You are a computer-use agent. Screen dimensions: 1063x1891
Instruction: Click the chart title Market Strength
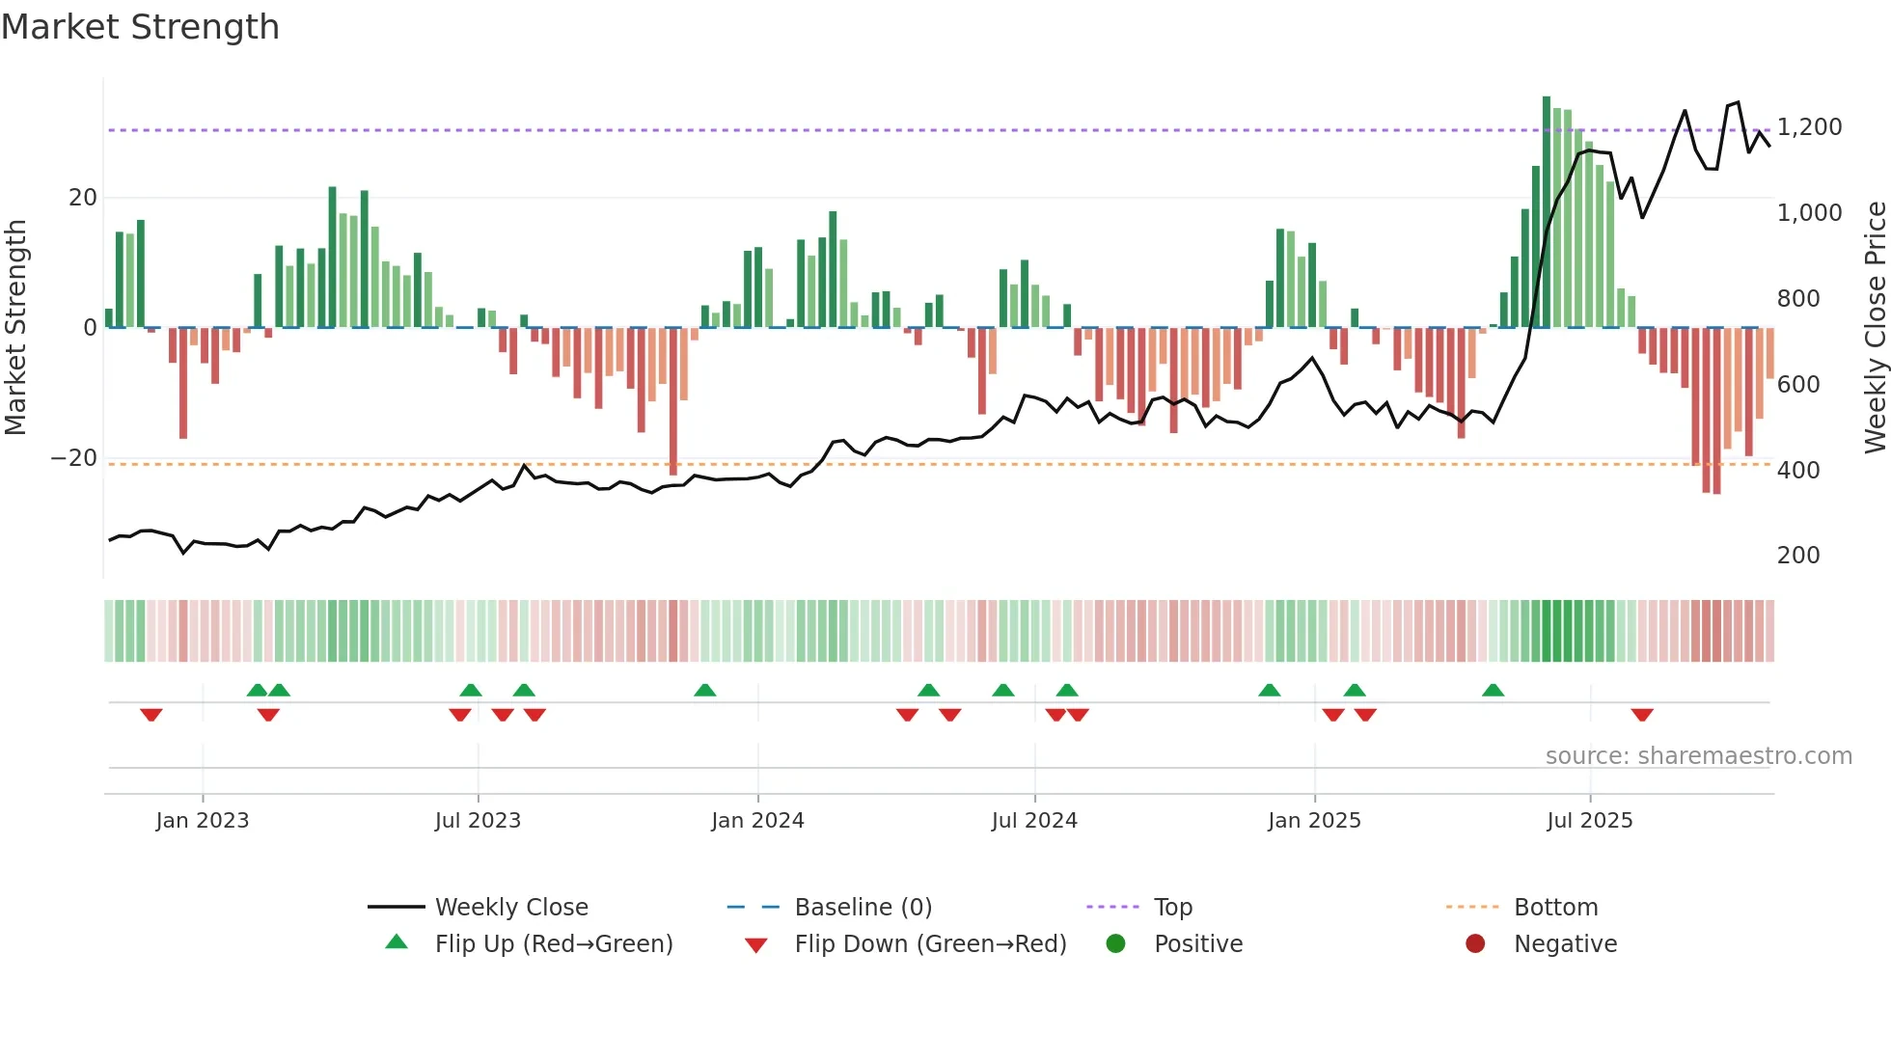pos(141,27)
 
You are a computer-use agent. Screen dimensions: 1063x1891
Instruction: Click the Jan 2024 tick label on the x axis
pos(757,821)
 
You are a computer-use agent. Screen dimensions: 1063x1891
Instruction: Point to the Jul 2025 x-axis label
pos(1589,821)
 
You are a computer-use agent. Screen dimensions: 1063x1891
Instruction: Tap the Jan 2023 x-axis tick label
pos(203,821)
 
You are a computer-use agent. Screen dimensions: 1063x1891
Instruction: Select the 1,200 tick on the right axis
pos(1809,127)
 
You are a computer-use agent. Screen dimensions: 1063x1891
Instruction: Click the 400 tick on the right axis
pos(1797,471)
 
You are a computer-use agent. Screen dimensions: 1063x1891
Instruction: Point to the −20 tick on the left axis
pos(74,458)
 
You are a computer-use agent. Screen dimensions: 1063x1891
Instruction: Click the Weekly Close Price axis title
pos(1875,328)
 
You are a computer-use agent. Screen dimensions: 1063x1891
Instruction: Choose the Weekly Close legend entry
pos(510,908)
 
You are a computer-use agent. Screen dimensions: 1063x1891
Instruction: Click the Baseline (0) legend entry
pos(863,908)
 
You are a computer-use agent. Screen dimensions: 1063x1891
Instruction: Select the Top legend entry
pos(1172,908)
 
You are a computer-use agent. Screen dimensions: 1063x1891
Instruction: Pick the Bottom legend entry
pos(1555,908)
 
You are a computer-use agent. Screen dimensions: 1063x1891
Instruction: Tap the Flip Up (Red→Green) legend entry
pos(553,944)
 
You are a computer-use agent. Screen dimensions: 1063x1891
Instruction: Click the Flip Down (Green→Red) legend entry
pos(929,944)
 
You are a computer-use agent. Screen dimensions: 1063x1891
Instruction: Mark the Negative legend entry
pos(1564,944)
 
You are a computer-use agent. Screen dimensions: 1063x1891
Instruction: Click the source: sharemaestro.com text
pos(1698,756)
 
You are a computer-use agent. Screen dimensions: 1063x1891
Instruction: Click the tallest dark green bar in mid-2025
pos(1547,212)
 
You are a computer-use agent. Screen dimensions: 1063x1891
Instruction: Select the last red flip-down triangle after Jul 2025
pos(1642,715)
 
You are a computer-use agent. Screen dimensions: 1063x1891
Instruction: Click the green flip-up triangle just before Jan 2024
pos(705,691)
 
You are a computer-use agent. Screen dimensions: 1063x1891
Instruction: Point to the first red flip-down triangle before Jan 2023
pos(151,715)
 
